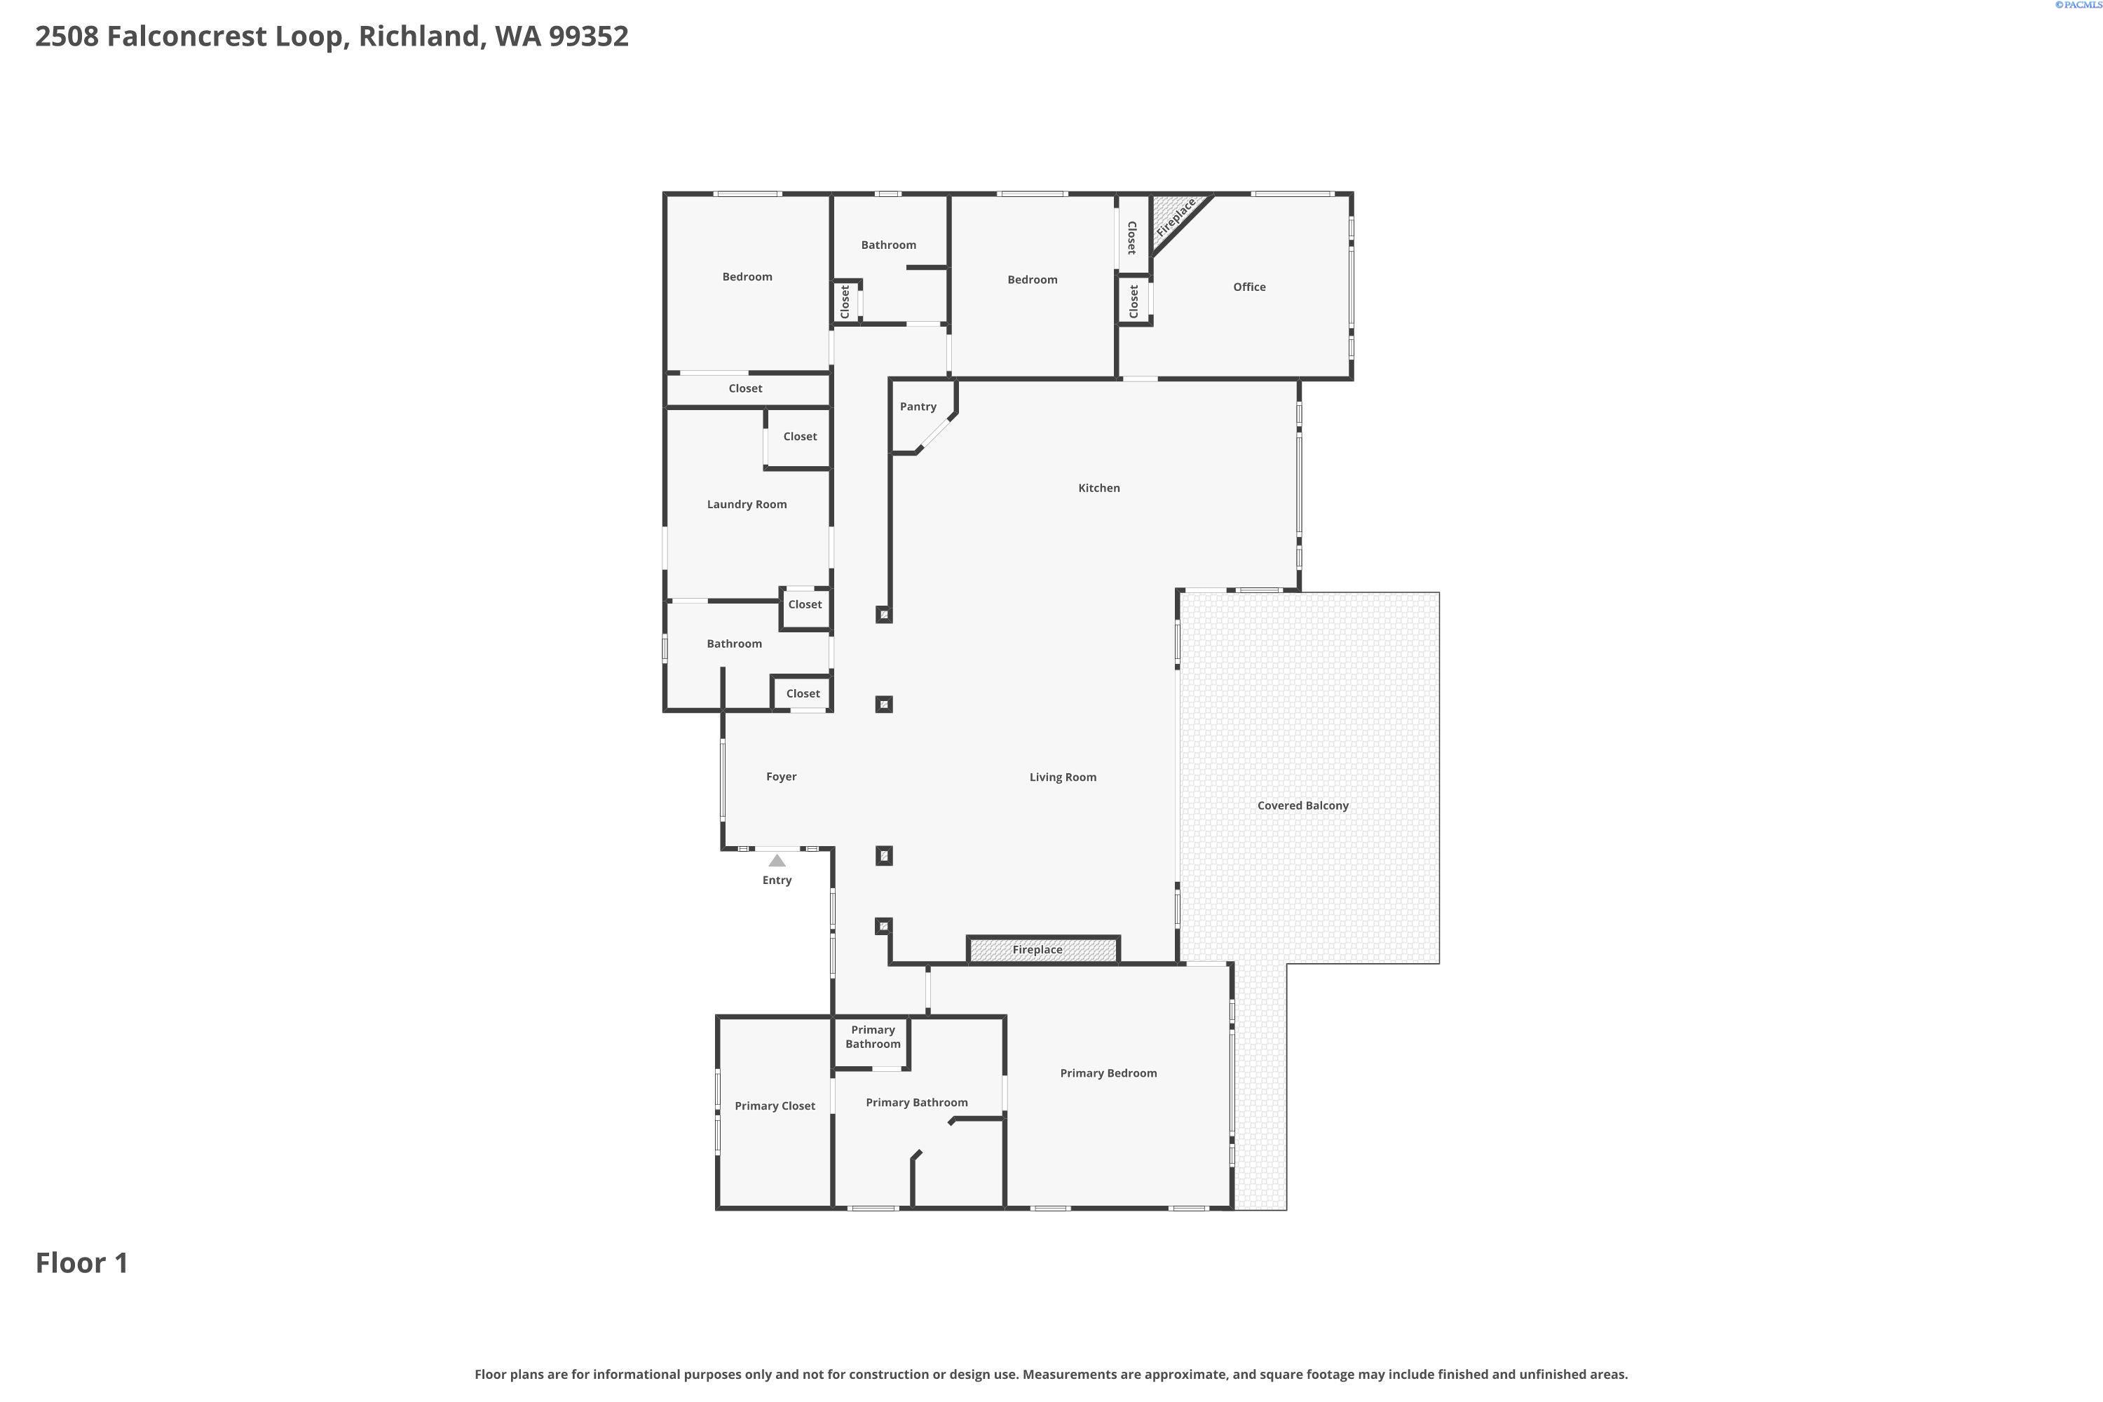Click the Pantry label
tap(918, 407)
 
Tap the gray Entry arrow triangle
tap(777, 861)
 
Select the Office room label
tap(1249, 287)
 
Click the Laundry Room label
tap(747, 504)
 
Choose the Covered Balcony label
tap(1302, 805)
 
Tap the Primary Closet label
tap(775, 1106)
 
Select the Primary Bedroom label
tap(1108, 1073)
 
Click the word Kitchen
tap(1099, 488)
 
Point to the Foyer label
tap(781, 777)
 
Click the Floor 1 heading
tap(81, 1263)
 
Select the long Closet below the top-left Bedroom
tap(744, 389)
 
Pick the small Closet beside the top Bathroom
tap(845, 301)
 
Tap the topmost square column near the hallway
tap(883, 615)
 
